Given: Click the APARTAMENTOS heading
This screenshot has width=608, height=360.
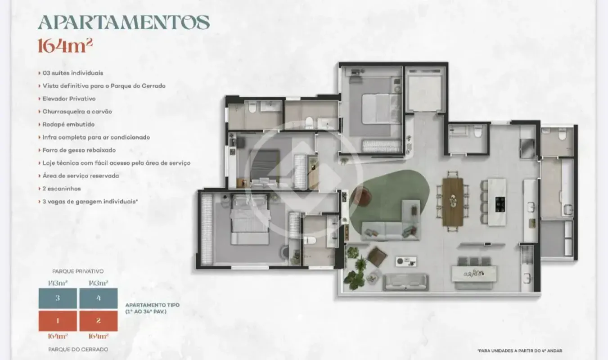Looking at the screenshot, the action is [124, 22].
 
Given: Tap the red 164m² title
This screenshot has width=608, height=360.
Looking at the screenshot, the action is [65, 45].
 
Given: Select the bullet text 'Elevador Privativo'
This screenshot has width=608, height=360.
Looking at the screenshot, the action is [69, 99].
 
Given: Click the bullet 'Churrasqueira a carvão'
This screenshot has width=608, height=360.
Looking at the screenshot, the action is [77, 112].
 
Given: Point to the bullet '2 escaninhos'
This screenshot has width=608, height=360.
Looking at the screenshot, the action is [62, 189].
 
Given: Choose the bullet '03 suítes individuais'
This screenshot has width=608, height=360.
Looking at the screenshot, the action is [73, 73].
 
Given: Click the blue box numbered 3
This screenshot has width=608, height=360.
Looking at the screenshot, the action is [58, 298].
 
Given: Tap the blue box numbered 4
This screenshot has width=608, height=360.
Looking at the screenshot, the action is [99, 298].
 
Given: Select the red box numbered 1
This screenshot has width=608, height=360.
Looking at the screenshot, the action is [58, 321].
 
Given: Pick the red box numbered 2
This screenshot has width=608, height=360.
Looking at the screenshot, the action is [99, 321].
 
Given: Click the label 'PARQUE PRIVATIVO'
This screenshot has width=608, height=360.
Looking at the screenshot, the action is [78, 271].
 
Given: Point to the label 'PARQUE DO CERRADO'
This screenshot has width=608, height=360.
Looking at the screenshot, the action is [78, 349].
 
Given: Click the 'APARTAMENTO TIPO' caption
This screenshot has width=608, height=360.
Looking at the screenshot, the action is [152, 305].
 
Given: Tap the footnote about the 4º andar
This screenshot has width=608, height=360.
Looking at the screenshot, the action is [519, 351].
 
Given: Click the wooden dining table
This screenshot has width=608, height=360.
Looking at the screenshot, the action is [452, 202].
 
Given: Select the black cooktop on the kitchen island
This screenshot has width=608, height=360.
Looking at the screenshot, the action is [500, 204].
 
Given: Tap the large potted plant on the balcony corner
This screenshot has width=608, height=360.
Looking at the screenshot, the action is [354, 279].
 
